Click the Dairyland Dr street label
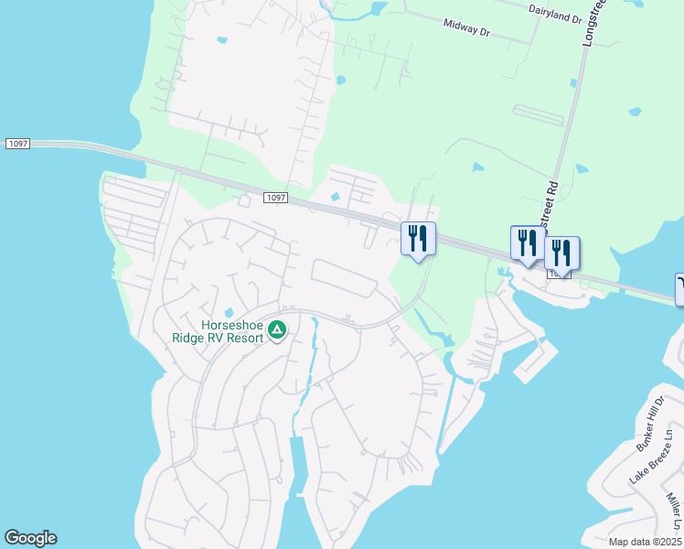coord(554,13)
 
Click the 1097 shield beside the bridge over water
coord(16,144)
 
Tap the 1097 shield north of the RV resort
coord(275,198)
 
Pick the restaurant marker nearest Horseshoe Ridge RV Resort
coord(418,240)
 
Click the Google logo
coord(30,538)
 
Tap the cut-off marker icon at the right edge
coord(679,289)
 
